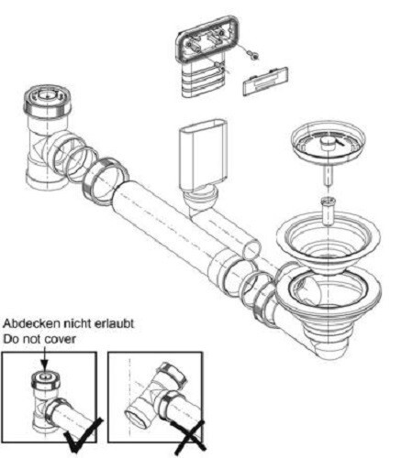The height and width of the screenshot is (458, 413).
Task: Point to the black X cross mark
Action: (190, 437)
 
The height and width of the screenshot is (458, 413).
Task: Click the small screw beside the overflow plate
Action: (253, 55)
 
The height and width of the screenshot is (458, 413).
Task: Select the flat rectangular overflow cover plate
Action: (265, 81)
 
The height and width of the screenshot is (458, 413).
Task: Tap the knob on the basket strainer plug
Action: (329, 143)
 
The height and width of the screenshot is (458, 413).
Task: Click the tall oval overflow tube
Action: (203, 156)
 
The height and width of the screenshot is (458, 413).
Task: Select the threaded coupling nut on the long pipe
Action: (106, 181)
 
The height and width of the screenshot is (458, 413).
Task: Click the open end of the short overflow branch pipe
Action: (251, 250)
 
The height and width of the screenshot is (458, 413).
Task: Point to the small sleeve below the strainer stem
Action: (328, 211)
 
